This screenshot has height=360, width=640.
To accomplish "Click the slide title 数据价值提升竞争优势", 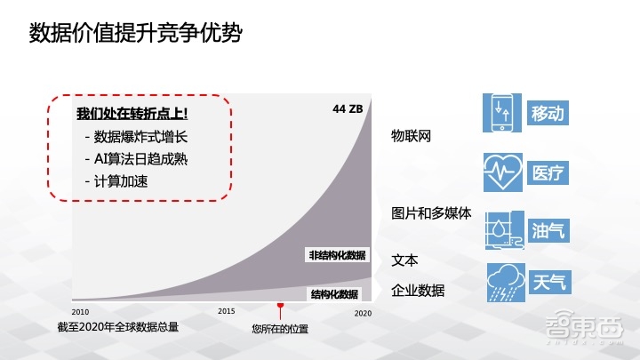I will click(136, 33).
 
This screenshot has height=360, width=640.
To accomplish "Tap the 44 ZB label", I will click(348, 109).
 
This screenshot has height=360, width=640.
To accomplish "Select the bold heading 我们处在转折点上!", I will click(132, 115).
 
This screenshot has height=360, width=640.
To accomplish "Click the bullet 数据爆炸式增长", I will click(140, 137).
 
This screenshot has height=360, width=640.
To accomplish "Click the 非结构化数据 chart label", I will click(337, 255).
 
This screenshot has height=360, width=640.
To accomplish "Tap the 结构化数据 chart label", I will click(334, 294).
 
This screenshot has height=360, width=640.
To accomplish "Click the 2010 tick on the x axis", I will click(80, 312).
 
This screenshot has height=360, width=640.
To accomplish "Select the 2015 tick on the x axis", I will click(227, 311).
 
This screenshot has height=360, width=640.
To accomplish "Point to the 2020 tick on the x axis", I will click(363, 313).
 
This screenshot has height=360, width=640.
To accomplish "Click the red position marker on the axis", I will click(280, 308).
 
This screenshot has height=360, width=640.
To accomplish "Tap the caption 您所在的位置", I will click(280, 329).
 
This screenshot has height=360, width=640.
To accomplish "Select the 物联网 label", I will click(412, 136).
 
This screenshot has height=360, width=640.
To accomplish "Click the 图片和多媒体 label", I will click(431, 213).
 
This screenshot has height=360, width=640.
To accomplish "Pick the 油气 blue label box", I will click(548, 231).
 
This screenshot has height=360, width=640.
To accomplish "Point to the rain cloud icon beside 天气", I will click(503, 283).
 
